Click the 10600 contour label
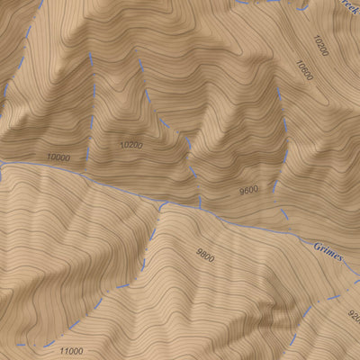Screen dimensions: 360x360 [302, 71]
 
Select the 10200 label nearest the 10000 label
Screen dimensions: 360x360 [130, 144]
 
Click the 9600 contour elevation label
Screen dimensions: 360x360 [248, 190]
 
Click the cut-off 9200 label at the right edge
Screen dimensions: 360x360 [353, 317]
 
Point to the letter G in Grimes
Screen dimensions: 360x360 [316, 246]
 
